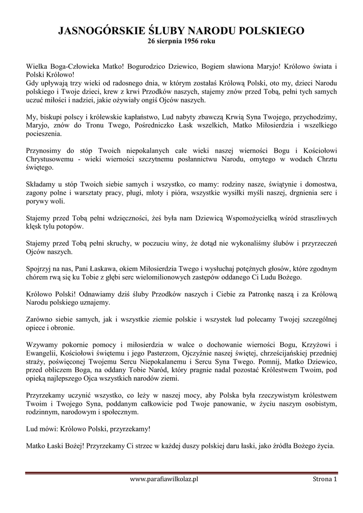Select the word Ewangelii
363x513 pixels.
click(x=42, y=353)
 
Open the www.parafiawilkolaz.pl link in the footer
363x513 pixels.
click(x=164, y=479)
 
